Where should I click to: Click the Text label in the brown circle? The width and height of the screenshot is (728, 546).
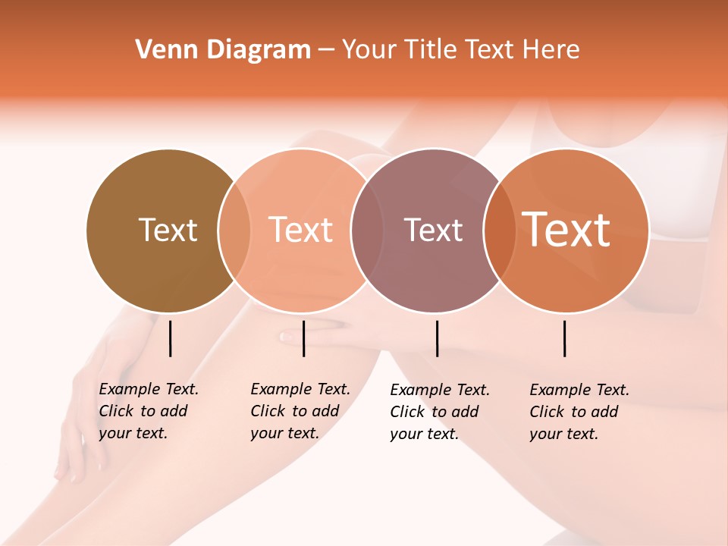coord(168,230)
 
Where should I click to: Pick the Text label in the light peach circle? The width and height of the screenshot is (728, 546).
coord(301,230)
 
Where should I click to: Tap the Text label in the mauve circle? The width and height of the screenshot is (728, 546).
coord(433,230)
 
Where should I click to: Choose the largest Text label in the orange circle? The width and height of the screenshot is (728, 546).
coord(566,230)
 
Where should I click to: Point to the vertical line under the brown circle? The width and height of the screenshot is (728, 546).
coord(171,338)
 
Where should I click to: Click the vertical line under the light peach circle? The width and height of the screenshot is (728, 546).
coord(303,338)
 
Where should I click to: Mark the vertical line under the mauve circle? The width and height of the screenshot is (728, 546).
coord(437,338)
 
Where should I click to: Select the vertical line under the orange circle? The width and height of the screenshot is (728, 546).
coord(565,338)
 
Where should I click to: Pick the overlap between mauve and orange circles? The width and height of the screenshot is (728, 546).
coord(495,230)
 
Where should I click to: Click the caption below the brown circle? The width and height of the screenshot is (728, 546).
coord(149,411)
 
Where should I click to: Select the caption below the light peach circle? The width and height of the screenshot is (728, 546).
coord(300,411)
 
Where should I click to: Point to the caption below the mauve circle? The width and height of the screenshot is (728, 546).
coord(440,412)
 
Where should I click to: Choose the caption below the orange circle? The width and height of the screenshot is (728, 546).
coord(579,412)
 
